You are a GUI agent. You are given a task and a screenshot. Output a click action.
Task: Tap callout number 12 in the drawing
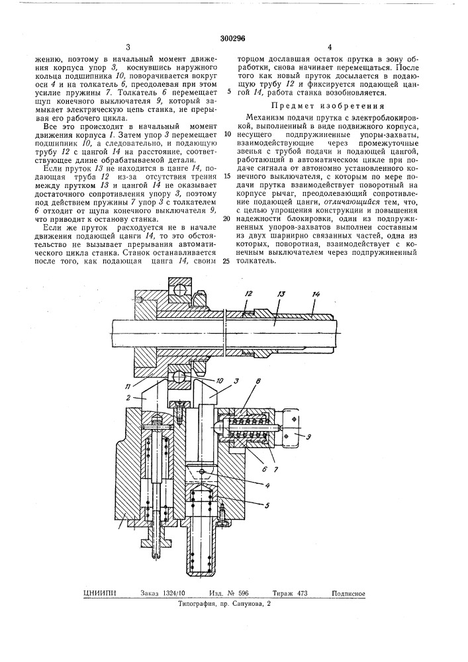pos(249,293)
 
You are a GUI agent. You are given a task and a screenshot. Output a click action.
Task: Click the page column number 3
pos(126,47)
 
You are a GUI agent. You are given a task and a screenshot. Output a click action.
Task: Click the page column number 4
pos(329,47)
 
